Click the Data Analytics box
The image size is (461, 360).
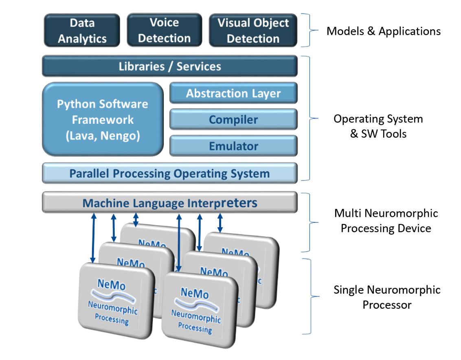pyautogui.click(x=82, y=31)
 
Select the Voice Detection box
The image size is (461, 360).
pyautogui.click(x=164, y=30)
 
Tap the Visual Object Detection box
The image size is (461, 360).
pyautogui.click(x=253, y=31)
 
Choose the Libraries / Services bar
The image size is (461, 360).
pyautogui.click(x=169, y=66)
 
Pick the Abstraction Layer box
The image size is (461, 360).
pyautogui.click(x=233, y=93)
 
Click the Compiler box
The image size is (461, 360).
pyautogui.click(x=233, y=120)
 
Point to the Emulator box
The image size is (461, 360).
pyautogui.click(x=233, y=146)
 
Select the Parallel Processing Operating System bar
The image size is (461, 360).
pyautogui.click(x=169, y=173)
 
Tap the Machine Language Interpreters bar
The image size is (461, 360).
pyautogui.click(x=169, y=202)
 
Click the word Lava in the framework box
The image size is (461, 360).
pyautogui.click(x=81, y=136)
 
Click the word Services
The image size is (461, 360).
pyautogui.click(x=199, y=66)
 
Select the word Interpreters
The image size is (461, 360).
pyautogui.click(x=222, y=202)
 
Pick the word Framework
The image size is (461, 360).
pyautogui.click(x=103, y=120)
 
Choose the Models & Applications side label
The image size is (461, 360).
pyautogui.click(x=384, y=31)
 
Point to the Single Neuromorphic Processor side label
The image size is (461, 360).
pyautogui.click(x=387, y=297)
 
